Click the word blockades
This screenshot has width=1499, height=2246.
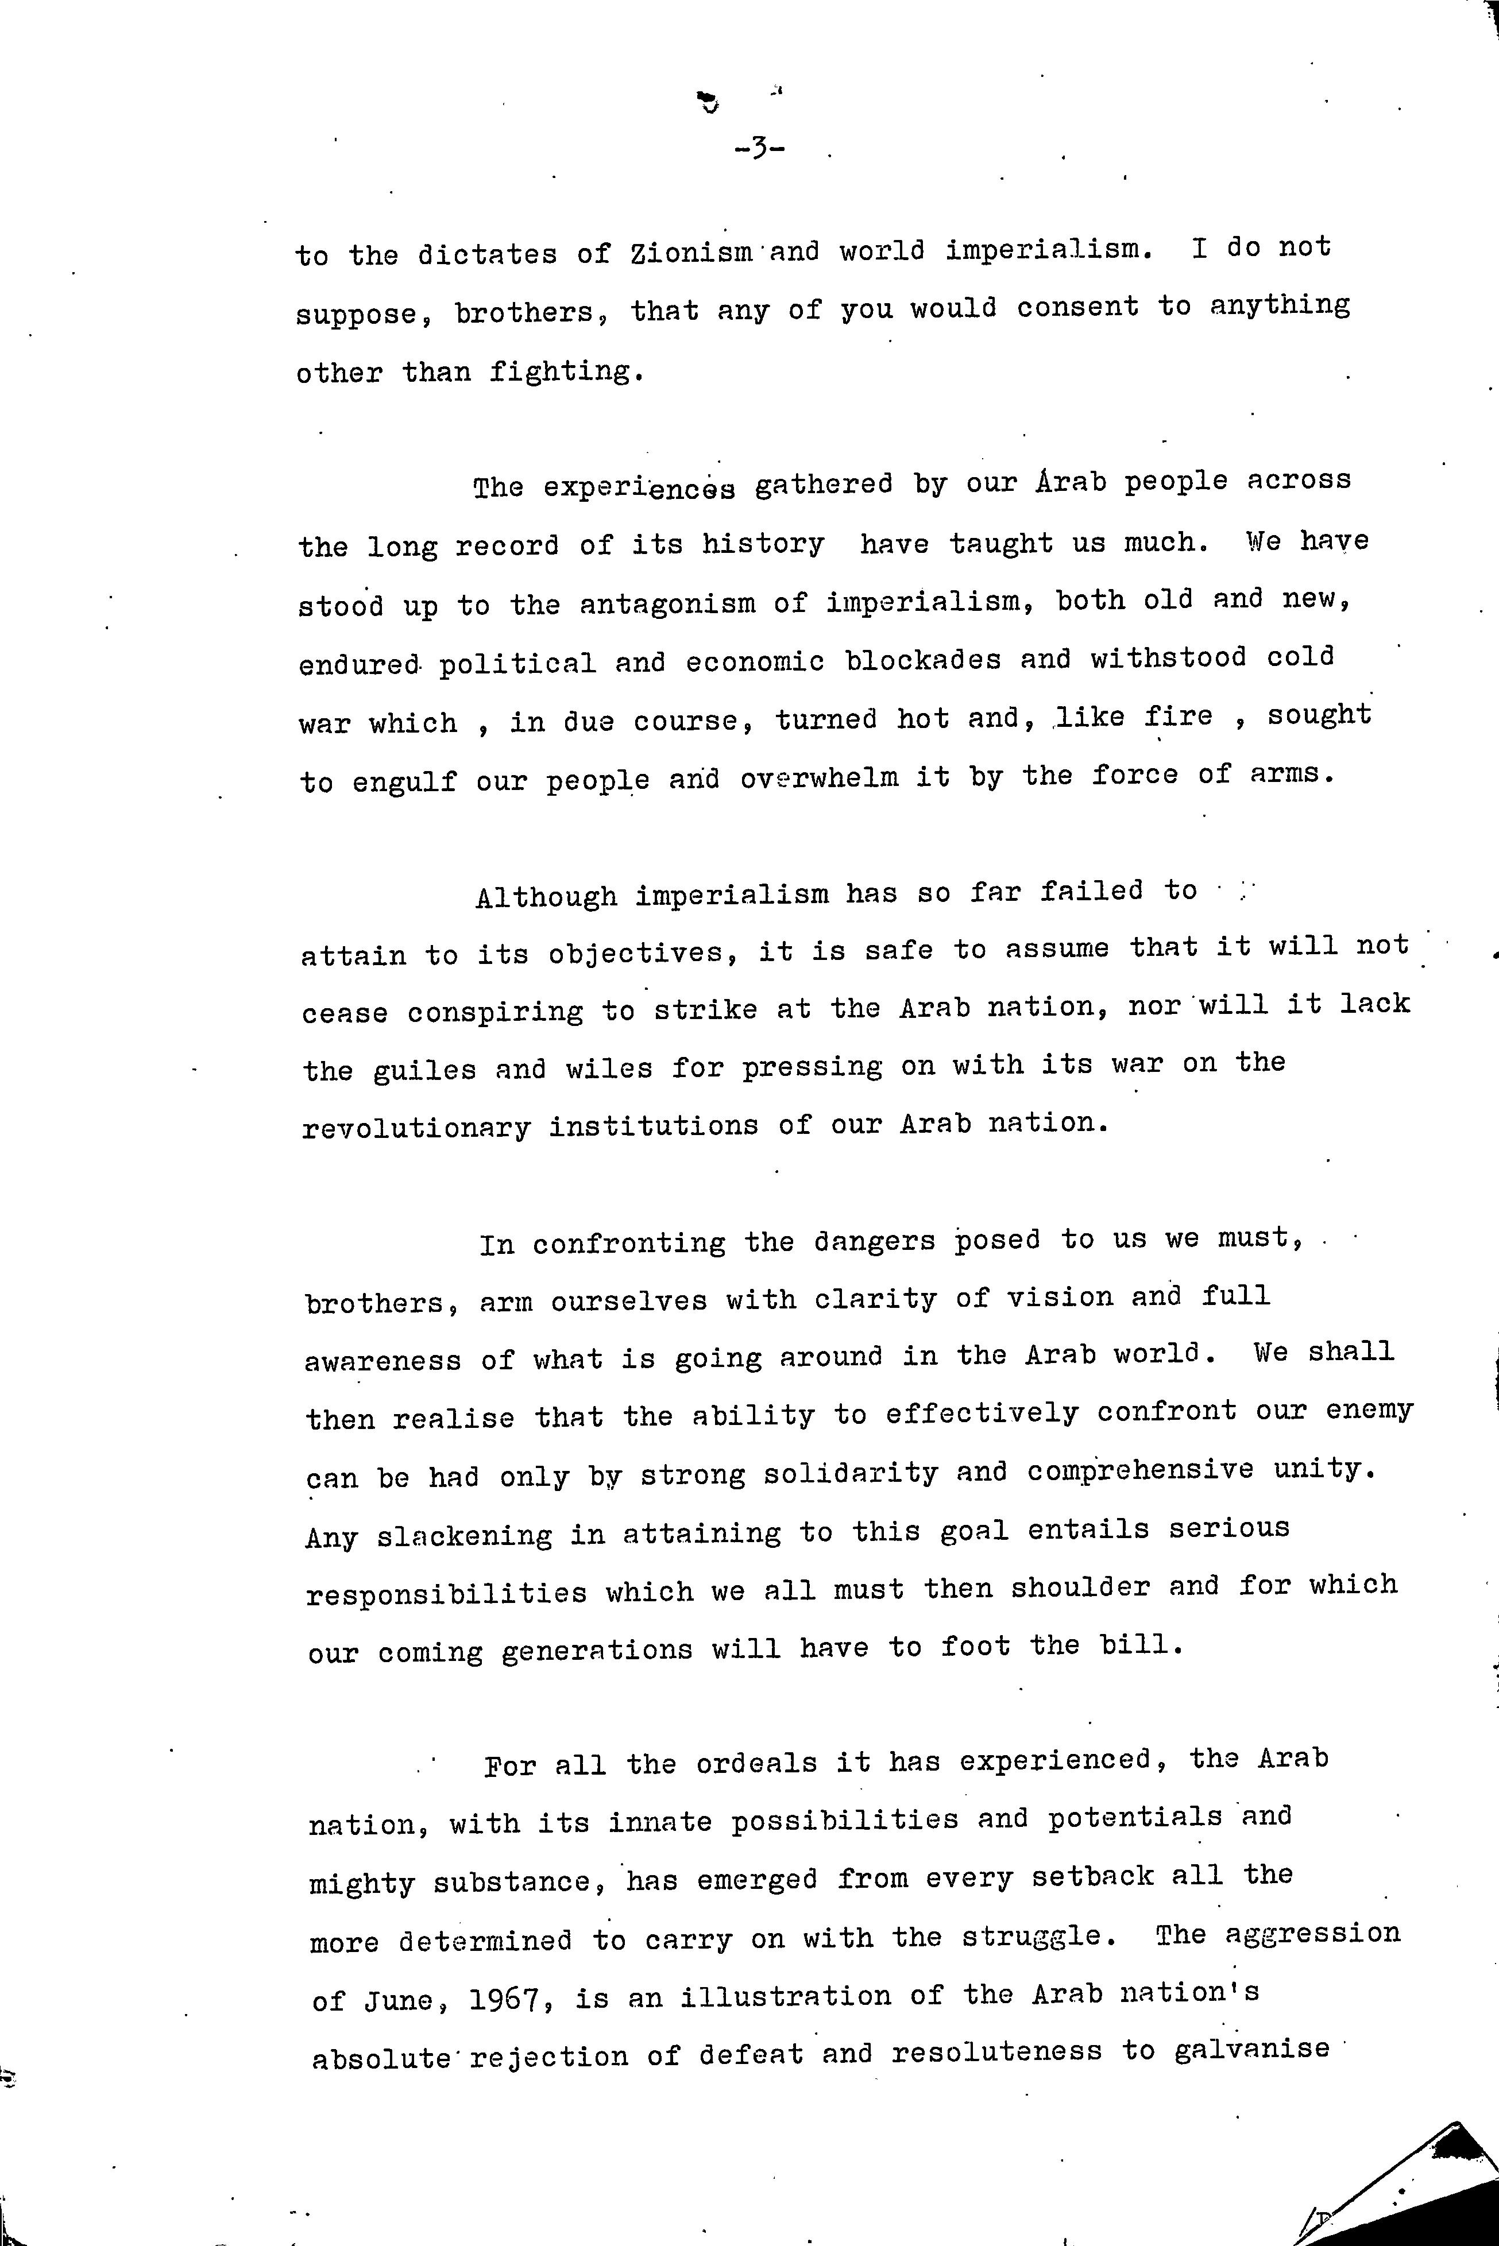pyautogui.click(x=924, y=660)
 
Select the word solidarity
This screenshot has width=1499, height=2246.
pyautogui.click(x=851, y=1473)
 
